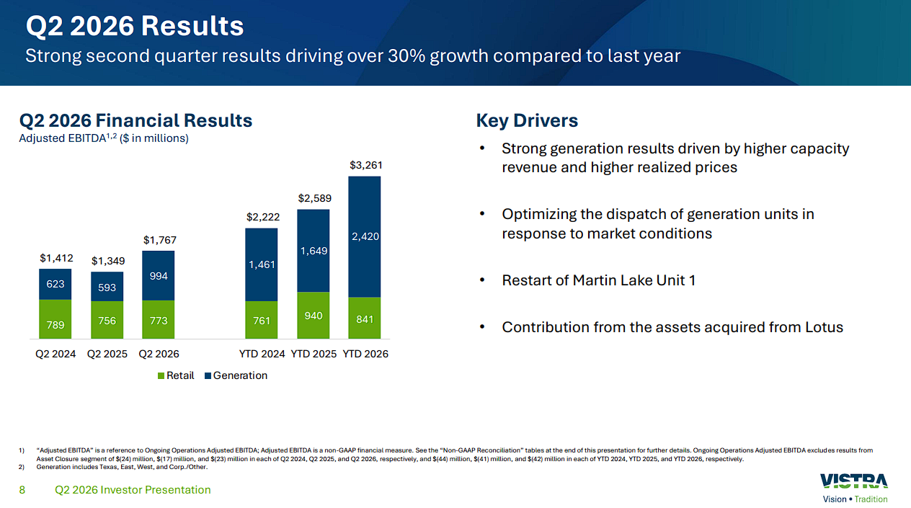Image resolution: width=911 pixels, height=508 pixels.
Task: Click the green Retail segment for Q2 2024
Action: click(55, 319)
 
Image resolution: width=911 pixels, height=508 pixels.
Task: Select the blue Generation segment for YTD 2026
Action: click(365, 237)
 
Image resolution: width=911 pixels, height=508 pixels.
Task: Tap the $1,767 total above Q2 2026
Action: click(160, 240)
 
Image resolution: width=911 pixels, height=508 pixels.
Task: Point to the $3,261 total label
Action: click(366, 165)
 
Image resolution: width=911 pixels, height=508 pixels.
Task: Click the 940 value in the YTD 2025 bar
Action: click(314, 316)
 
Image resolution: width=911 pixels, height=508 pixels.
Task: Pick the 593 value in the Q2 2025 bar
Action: click(107, 288)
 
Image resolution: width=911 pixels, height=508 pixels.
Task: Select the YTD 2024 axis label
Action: click(262, 354)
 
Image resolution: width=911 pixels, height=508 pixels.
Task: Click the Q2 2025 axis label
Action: click(107, 354)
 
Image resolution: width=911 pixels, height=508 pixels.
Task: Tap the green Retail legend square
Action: click(161, 376)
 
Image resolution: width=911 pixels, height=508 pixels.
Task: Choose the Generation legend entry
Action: click(236, 375)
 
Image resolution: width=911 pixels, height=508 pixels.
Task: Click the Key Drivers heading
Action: click(527, 120)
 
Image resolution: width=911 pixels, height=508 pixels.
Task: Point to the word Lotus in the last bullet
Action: click(824, 327)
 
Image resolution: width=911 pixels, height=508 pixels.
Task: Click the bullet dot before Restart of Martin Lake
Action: click(482, 280)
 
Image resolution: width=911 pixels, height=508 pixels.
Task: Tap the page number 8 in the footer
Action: click(22, 490)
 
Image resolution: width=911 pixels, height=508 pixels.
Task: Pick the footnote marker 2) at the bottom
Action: click(21, 467)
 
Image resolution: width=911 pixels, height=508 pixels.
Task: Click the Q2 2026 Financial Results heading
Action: click(135, 120)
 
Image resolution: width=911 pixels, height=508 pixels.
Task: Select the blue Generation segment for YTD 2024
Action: click(262, 264)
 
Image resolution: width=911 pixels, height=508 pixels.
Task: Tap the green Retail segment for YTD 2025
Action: click(313, 315)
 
